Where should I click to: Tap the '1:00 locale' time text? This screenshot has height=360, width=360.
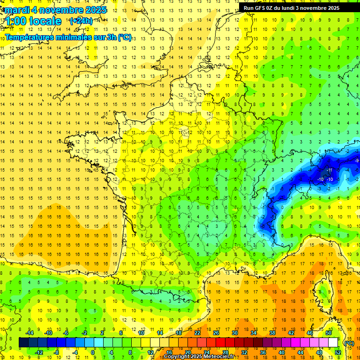point(34,21)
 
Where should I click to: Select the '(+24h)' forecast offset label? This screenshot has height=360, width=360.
point(81,21)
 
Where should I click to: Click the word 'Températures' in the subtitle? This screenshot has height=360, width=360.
point(30,37)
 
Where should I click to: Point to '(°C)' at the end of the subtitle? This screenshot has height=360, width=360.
point(124,37)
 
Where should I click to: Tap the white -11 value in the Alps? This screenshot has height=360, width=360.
point(330,170)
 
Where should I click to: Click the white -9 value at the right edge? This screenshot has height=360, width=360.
point(357,161)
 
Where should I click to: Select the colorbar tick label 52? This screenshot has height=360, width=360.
point(338,352)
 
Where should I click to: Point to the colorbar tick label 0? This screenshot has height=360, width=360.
point(93,352)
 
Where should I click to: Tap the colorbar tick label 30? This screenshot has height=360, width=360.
point(234,333)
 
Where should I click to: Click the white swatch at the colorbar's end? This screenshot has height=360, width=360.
point(333,343)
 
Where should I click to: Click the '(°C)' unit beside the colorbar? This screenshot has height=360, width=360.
point(349,343)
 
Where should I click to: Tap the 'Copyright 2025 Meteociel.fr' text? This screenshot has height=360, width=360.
point(202,357)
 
